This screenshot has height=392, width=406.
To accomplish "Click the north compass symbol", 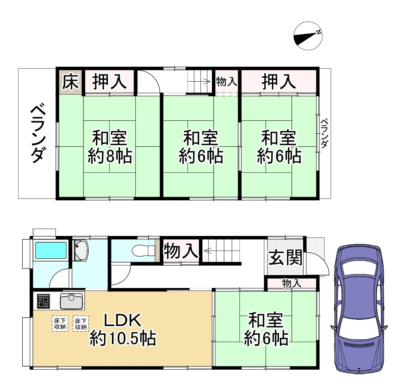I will click(x=308, y=36).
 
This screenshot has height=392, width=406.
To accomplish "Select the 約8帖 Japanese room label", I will click(x=109, y=157).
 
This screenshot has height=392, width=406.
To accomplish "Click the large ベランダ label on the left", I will click(x=37, y=133).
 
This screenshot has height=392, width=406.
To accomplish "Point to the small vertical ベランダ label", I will click(x=324, y=133).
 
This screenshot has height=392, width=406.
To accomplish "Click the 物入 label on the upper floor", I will click(x=227, y=82).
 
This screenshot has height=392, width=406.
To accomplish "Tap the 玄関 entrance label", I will click(x=285, y=259).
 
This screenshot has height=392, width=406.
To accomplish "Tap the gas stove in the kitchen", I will click(x=44, y=301).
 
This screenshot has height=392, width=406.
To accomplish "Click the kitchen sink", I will click(x=72, y=301).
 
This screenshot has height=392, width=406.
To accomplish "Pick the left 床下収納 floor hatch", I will click(x=60, y=323).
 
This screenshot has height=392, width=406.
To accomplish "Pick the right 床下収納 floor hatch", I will click(x=81, y=323).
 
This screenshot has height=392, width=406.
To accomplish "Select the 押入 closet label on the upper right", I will click(x=279, y=82).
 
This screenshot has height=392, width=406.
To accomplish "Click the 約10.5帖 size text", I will click(x=123, y=338).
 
